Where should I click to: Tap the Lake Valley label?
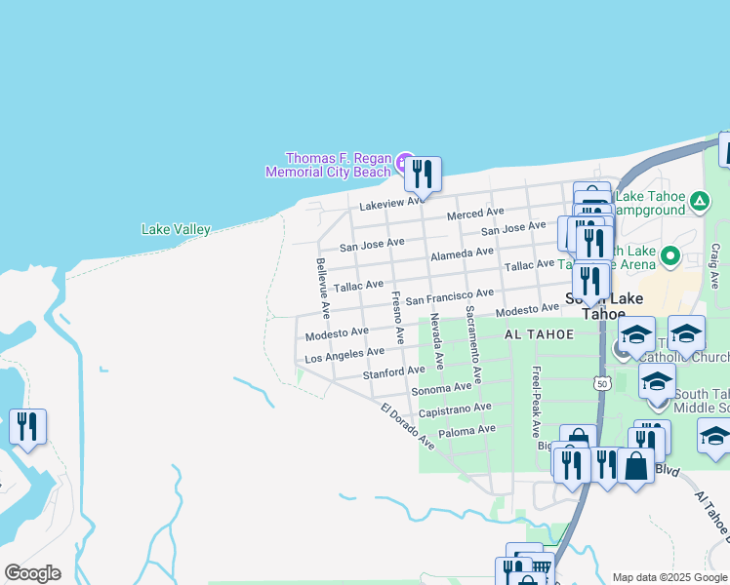[x=176, y=230]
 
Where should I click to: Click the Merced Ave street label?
[x=475, y=213]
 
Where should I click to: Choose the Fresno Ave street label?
[x=398, y=317]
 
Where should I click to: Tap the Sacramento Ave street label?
[x=472, y=344]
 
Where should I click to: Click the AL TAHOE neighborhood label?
[x=537, y=333]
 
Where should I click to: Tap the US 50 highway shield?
[x=602, y=384]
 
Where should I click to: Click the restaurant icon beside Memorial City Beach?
[x=423, y=175]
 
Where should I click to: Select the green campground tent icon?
[x=699, y=202]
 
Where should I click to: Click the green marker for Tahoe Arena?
[x=669, y=257]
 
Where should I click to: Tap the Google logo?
[x=32, y=573]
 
